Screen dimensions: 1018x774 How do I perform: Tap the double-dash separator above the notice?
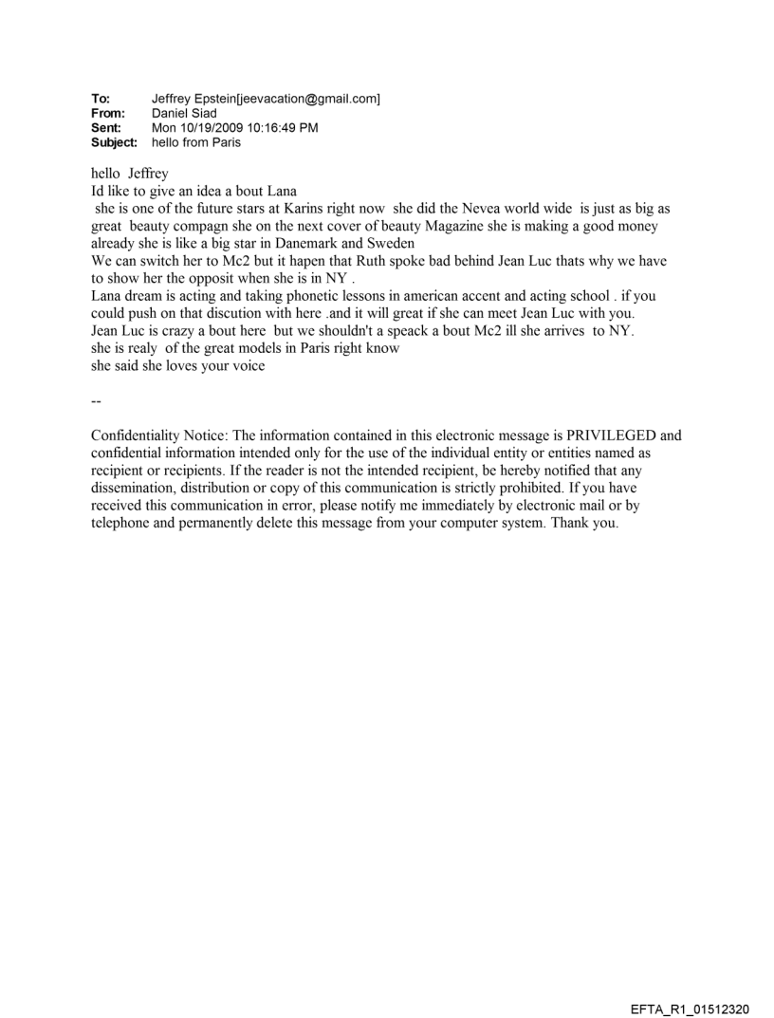95,401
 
